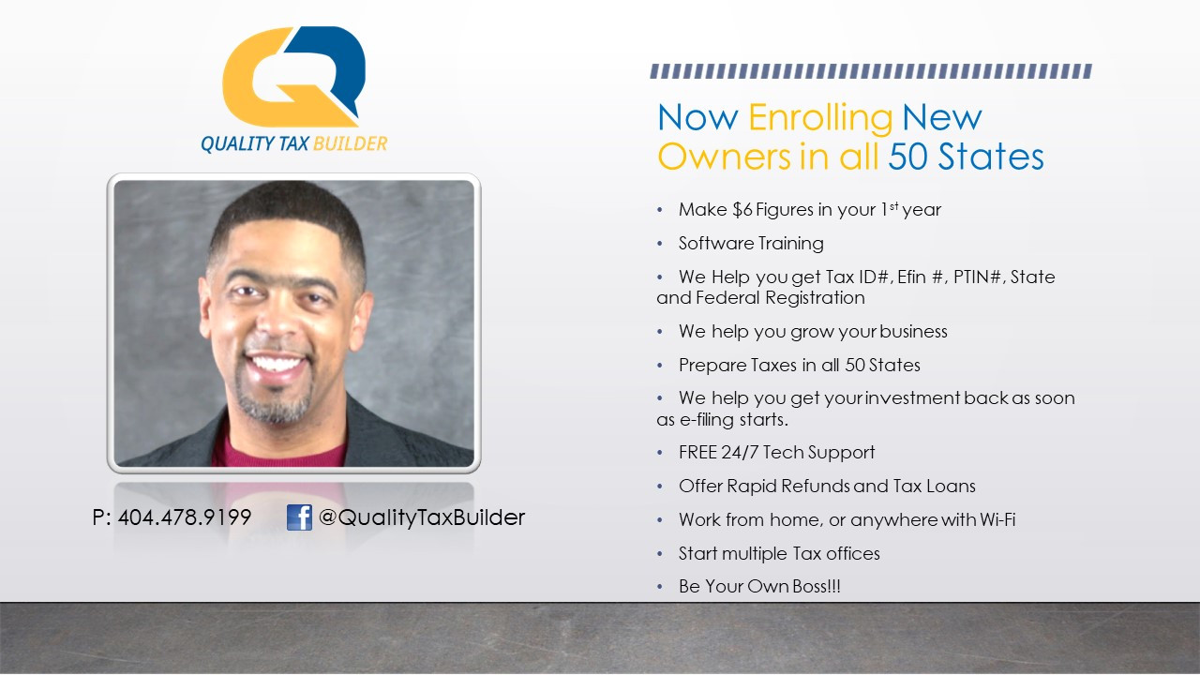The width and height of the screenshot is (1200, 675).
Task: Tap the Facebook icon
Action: [299, 517]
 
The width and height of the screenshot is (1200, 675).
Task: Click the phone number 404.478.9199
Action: [185, 517]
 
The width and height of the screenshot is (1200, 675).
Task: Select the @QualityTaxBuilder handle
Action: [422, 517]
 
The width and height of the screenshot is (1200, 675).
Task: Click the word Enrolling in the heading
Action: [820, 118]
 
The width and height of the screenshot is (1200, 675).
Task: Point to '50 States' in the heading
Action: [966, 157]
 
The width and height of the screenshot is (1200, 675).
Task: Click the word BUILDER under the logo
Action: [350, 143]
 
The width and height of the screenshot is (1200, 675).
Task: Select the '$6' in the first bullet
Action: [742, 209]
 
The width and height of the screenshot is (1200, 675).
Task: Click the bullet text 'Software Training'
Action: [751, 243]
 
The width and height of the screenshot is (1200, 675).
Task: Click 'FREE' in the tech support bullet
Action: [697, 453]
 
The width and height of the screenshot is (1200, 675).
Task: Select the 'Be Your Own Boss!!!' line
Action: [759, 587]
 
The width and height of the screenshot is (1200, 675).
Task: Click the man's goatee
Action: [275, 404]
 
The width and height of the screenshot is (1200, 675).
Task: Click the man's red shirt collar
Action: [278, 453]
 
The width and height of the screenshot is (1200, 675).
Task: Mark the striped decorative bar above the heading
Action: [871, 71]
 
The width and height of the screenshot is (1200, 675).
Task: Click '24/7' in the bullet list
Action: [740, 453]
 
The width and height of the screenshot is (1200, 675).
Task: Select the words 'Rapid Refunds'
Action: [787, 487]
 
